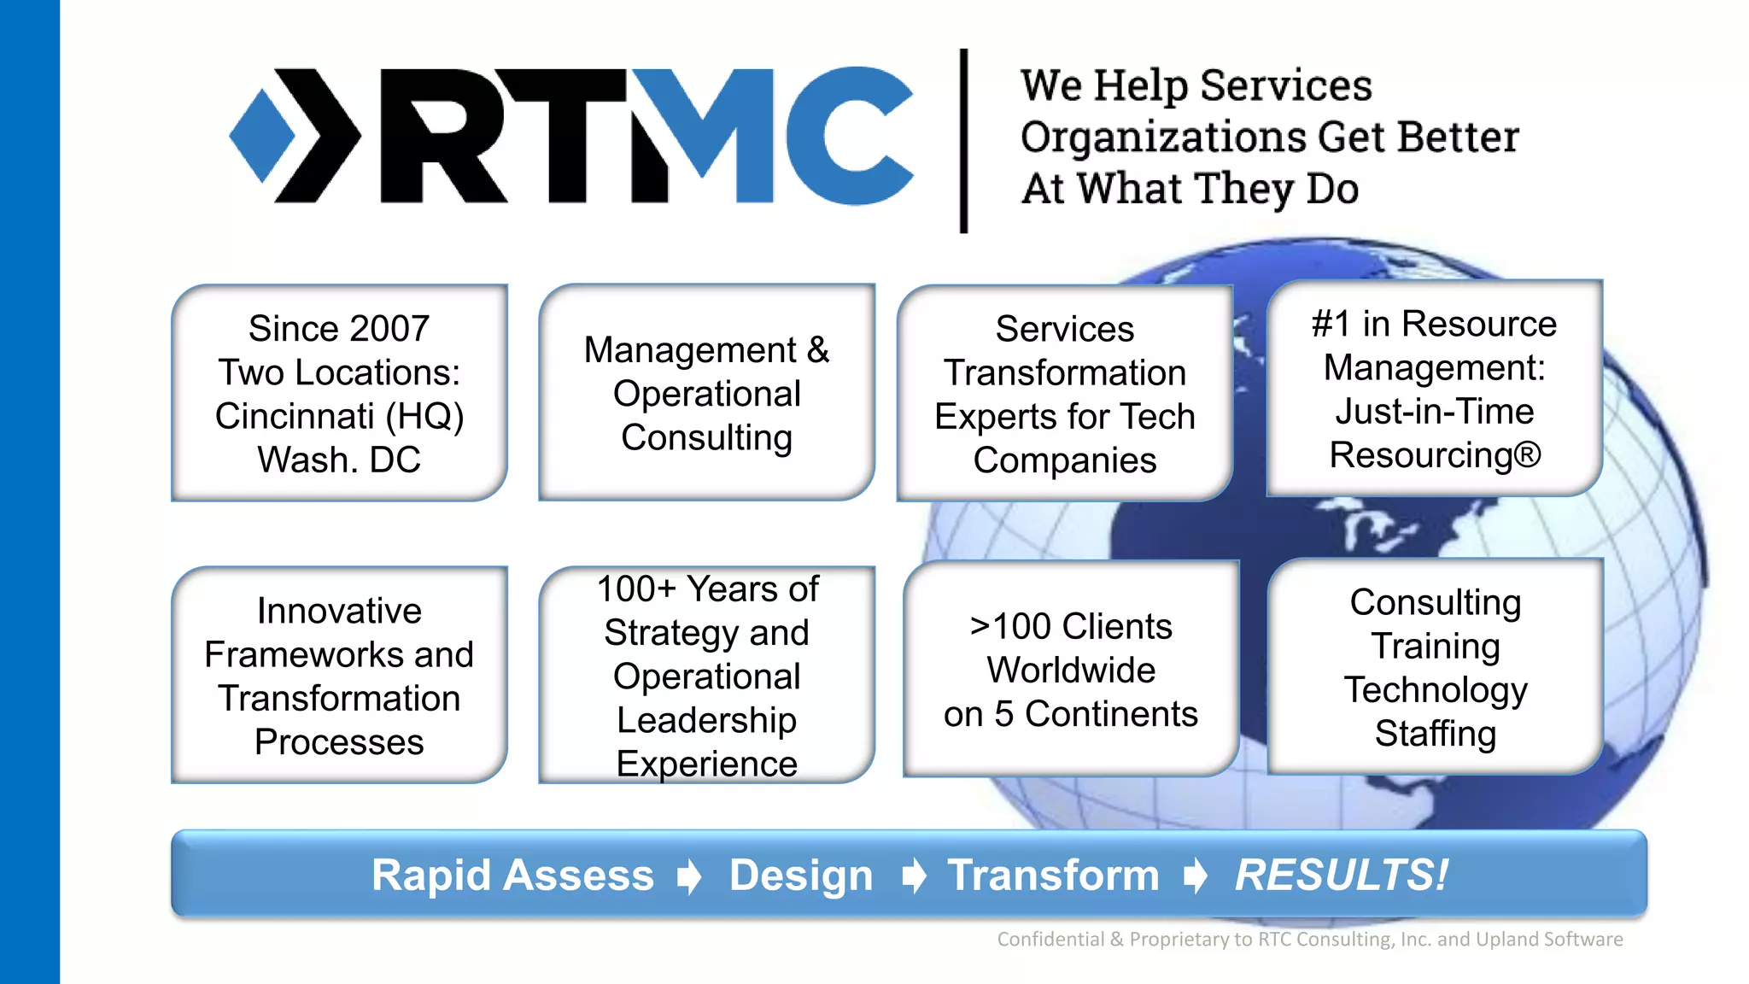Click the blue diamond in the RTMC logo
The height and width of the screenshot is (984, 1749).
tap(261, 137)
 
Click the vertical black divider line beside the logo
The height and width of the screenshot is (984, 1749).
tap(963, 141)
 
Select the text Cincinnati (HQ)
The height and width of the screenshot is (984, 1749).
tap(339, 416)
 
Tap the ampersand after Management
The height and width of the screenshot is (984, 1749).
tap(817, 350)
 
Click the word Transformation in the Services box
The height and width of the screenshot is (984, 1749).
tap(1064, 373)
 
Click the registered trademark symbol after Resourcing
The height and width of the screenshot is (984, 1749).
tap(1527, 454)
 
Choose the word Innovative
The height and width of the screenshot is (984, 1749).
tap(339, 611)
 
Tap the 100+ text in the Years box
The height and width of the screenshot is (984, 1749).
tap(636, 589)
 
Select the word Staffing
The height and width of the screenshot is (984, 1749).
tap(1435, 734)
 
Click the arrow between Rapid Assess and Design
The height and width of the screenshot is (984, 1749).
tap(689, 876)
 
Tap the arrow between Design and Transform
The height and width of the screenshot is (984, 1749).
tap(914, 876)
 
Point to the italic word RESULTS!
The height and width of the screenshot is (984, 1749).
tap(1342, 876)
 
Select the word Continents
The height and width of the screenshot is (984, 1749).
tap(1111, 714)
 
